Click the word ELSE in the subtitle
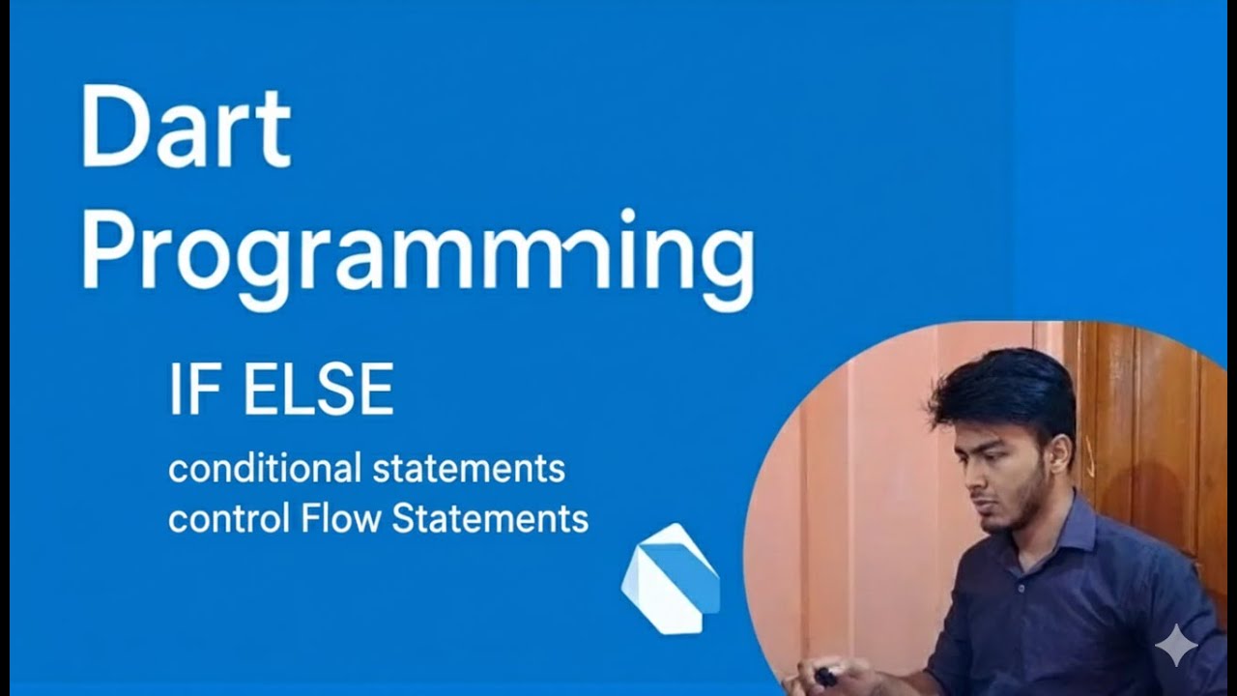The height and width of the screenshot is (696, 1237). [x=318, y=391]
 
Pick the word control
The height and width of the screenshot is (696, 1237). [x=229, y=519]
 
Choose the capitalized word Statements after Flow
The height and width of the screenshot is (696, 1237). [x=490, y=519]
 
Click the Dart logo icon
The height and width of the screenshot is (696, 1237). [x=670, y=578]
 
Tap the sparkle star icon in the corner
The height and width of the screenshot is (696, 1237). [x=1175, y=645]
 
